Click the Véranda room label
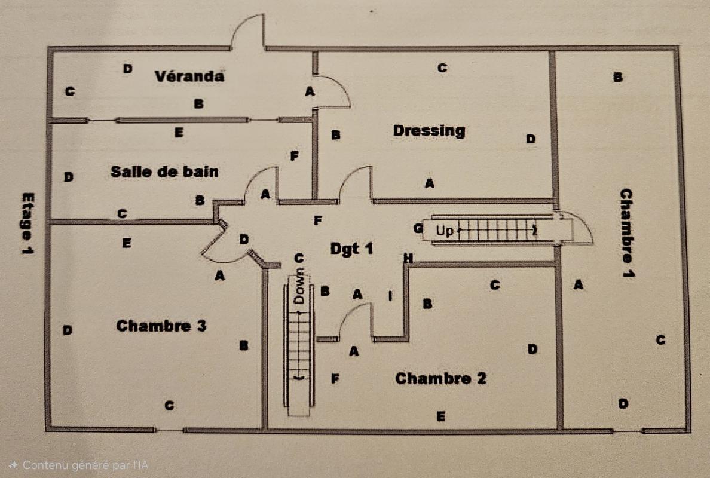(x=189, y=76)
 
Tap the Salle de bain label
(x=164, y=172)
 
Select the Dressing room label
(x=429, y=130)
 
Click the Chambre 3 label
(x=161, y=326)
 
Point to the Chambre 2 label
(x=440, y=378)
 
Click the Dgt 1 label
(x=351, y=248)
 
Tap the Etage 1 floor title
(x=27, y=223)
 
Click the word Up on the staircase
(x=444, y=231)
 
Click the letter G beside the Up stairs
(x=418, y=228)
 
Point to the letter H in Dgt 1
(x=408, y=259)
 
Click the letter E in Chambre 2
(x=440, y=416)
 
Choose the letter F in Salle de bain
(x=294, y=157)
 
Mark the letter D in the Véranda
(x=127, y=69)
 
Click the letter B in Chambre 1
(x=618, y=77)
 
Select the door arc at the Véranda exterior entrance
(x=247, y=30)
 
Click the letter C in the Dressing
(x=442, y=68)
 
